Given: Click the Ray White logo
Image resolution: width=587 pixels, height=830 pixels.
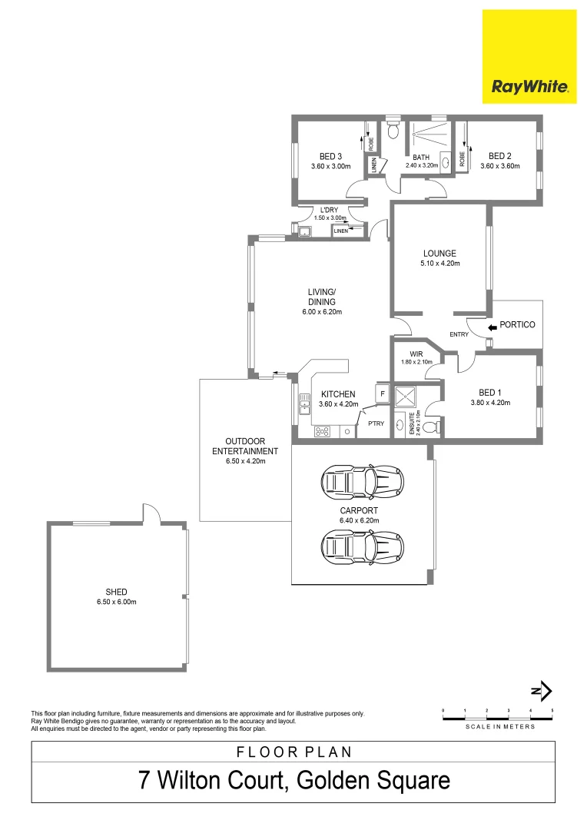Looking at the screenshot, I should pyautogui.click(x=529, y=56).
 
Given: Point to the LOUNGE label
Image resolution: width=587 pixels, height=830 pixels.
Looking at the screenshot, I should pyautogui.click(x=439, y=253).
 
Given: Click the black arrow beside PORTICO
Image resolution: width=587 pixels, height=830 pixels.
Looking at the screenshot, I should pyautogui.click(x=492, y=325).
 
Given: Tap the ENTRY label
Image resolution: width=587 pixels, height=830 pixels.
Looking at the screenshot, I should pyautogui.click(x=459, y=334).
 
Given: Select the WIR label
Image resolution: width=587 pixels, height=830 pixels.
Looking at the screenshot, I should pyautogui.click(x=416, y=353).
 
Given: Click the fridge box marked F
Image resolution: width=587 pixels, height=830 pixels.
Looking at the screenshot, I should pyautogui.click(x=381, y=393).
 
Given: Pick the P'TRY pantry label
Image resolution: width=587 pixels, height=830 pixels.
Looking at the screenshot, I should pyautogui.click(x=376, y=423).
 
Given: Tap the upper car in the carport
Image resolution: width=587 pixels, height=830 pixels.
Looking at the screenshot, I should pyautogui.click(x=362, y=482).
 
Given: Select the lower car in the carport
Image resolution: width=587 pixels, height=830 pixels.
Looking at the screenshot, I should pyautogui.click(x=362, y=547).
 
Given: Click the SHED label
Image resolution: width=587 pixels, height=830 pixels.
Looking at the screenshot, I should pyautogui.click(x=116, y=592).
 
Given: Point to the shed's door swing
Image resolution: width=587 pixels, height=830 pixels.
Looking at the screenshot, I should pyautogui.click(x=151, y=513).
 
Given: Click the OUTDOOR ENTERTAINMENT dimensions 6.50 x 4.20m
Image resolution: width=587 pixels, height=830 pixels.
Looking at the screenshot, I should pyautogui.click(x=245, y=461).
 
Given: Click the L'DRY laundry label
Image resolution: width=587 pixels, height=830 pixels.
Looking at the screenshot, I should pyautogui.click(x=330, y=210).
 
